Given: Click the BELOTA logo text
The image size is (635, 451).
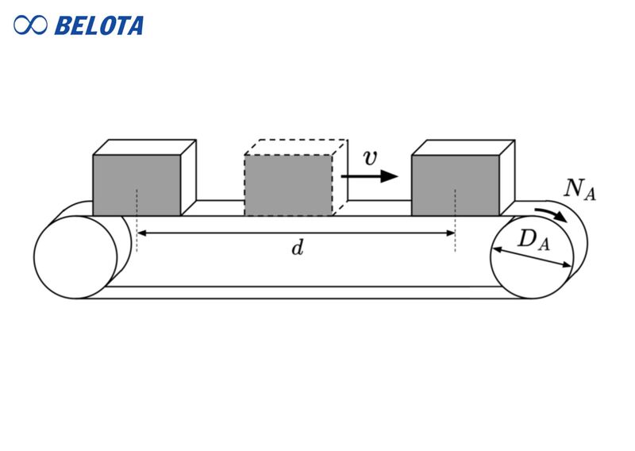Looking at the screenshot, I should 98,25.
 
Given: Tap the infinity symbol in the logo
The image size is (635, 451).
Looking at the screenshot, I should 30,25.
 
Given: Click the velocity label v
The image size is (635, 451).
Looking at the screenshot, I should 370,157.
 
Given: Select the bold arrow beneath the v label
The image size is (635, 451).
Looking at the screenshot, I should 369,176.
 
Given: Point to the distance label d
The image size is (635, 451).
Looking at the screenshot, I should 297,249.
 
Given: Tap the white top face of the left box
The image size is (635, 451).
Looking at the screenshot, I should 145,148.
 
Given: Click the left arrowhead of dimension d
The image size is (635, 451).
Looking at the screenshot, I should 142,233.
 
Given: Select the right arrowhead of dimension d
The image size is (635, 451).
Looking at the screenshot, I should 450,233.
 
